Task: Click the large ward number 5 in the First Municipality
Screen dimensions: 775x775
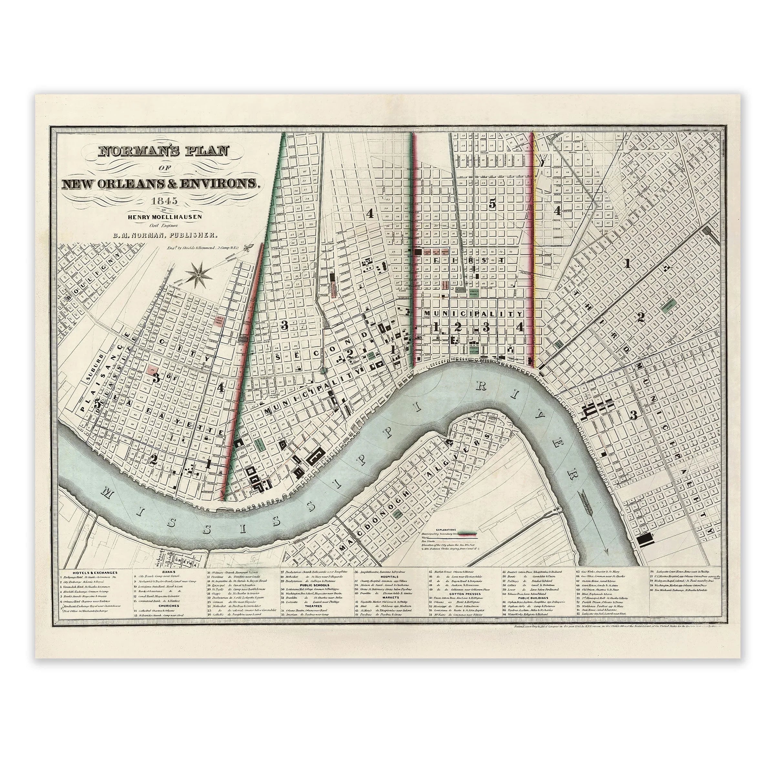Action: [x=492, y=204]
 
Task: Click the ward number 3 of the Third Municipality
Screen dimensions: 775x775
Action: [x=633, y=415]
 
